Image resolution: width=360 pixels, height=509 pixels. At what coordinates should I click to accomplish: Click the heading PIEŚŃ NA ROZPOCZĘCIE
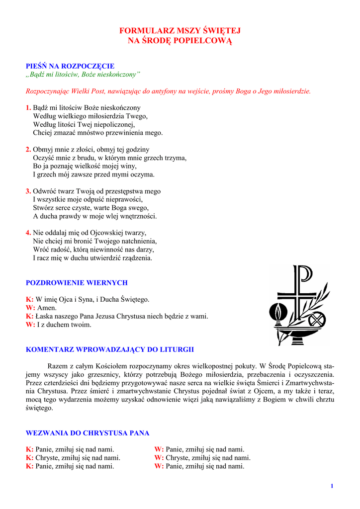70,66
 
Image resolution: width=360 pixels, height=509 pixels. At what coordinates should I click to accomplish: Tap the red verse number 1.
28,107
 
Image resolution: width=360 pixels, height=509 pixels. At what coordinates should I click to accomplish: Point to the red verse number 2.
28,149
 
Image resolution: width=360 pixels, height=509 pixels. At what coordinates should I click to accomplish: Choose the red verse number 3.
28,191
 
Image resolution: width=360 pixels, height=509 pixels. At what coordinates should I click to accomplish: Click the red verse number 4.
28,233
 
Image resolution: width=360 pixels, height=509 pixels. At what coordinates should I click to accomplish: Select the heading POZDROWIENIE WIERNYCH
77,282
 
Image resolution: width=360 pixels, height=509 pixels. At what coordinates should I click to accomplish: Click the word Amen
47,308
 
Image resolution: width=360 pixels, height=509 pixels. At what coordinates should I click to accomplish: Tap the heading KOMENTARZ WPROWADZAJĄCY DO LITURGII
110,349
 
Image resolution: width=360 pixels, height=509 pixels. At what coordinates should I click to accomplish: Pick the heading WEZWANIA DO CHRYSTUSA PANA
88,433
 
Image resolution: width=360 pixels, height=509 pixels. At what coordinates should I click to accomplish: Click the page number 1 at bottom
332,486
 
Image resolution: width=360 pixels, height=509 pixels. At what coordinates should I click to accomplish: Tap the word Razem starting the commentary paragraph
57,366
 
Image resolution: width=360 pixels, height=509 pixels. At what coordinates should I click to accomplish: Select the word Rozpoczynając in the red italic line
46,91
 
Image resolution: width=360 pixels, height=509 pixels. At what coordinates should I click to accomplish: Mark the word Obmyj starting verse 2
43,149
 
